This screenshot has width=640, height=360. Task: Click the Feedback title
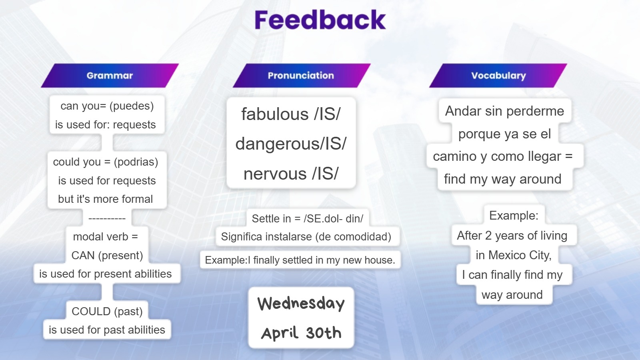click(320, 20)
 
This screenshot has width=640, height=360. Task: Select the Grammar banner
click(110, 76)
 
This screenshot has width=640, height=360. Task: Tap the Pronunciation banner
click(302, 76)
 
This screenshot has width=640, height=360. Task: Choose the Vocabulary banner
click(498, 76)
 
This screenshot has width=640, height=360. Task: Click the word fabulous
click(274, 114)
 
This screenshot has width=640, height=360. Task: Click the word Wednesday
click(301, 303)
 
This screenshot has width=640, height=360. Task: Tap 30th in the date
click(324, 333)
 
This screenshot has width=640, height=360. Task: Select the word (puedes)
click(132, 106)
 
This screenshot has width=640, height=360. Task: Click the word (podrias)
click(136, 162)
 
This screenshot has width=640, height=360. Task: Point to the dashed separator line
click(107, 218)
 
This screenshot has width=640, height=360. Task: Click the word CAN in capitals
click(83, 256)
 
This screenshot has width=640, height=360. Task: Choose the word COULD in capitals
click(91, 312)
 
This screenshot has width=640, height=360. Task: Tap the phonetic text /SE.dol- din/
click(334, 218)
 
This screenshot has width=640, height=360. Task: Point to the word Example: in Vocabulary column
click(514, 216)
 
